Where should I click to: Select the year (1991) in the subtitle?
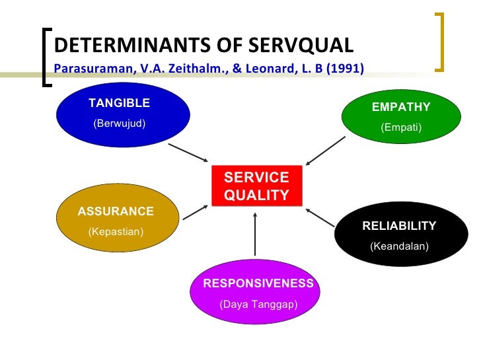345,68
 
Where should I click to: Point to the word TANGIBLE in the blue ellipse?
119,103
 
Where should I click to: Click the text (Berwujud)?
119,123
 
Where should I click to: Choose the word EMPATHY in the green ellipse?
401,107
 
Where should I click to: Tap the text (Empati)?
401,127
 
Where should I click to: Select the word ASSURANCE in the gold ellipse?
116,211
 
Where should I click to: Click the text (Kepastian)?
116,232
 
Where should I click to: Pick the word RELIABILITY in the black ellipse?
399,226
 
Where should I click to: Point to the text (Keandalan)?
399,246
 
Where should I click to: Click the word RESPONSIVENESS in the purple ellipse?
258,283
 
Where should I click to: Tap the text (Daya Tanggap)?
258,305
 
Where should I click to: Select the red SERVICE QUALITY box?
257,186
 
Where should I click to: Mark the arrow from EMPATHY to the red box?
325,150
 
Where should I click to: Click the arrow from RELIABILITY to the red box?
320,219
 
